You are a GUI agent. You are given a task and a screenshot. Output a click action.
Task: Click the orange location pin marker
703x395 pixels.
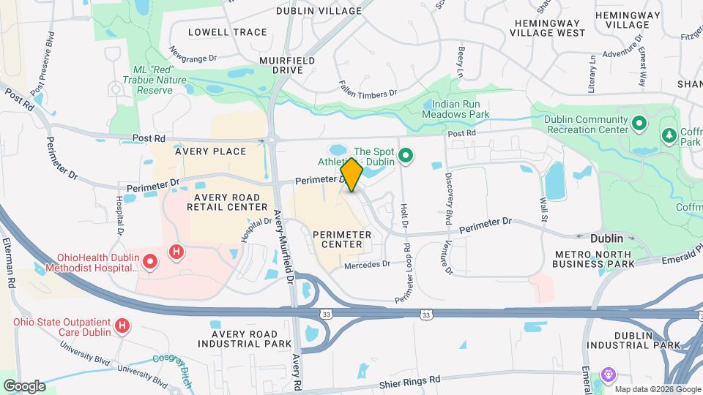[352, 175]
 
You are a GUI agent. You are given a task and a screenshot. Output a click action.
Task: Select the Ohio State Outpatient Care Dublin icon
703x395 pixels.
[122, 324]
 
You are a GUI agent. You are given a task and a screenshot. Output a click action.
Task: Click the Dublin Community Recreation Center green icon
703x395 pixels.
[639, 124]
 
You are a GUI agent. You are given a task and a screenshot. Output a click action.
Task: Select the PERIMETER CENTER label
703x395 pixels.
[342, 238]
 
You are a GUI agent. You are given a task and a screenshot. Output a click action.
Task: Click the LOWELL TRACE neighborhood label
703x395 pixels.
[217, 32]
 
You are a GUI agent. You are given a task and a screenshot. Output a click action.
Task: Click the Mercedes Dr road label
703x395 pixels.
[367, 265]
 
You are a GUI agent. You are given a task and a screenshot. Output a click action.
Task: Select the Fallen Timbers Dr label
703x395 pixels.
[367, 93]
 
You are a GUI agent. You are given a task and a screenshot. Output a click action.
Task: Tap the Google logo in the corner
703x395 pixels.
[24, 385]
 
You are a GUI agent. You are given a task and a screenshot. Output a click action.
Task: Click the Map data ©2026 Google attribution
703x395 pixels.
[657, 389]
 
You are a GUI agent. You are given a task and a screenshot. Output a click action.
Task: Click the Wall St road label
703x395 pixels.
[543, 207]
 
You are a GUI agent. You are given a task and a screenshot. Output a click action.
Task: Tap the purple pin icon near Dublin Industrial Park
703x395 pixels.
[609, 375]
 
